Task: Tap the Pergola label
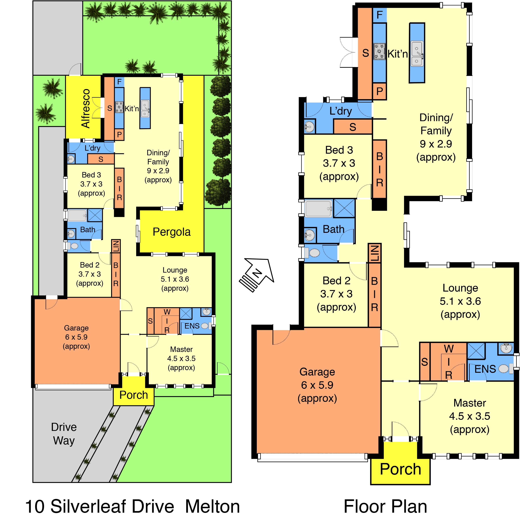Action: click(x=171, y=232)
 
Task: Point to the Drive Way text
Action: click(x=64, y=434)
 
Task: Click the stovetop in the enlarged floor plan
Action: click(x=379, y=51)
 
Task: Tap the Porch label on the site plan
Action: click(x=134, y=395)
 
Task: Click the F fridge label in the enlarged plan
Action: click(x=379, y=15)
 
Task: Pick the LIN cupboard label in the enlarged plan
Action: click(x=375, y=253)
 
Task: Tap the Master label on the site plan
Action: click(x=181, y=349)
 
